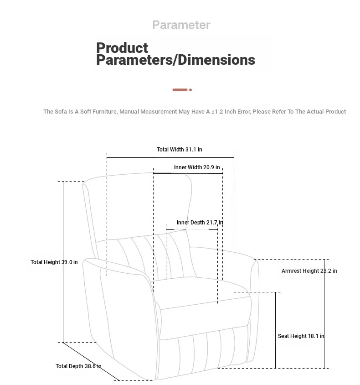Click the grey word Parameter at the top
click(x=181, y=25)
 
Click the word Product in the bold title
click(x=122, y=47)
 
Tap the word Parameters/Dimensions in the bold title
click(x=175, y=60)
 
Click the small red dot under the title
click(x=190, y=90)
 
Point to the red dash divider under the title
click(x=180, y=90)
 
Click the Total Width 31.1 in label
click(x=179, y=149)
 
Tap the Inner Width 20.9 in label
click(x=197, y=167)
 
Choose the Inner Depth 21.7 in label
click(x=200, y=223)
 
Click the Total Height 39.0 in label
click(x=54, y=262)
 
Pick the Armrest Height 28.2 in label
click(x=309, y=271)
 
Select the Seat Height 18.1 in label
click(x=301, y=336)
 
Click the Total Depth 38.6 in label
click(x=78, y=366)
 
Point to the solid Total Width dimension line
click(x=170, y=158)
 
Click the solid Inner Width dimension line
click(x=188, y=174)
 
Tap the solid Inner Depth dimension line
click(x=192, y=229)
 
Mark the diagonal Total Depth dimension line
click(x=91, y=361)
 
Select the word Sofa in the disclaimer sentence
click(x=61, y=112)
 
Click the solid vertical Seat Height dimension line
click(x=275, y=330)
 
